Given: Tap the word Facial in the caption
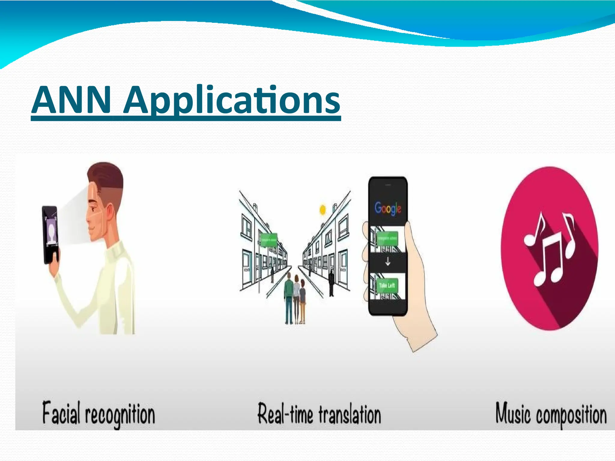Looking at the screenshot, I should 61,414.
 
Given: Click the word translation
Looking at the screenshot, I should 350,414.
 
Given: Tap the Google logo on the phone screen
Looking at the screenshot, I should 388,208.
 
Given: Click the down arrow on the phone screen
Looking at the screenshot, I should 388,262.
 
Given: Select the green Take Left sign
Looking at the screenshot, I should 387,285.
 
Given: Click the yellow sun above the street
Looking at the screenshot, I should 323,209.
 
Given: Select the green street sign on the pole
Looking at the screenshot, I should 268,240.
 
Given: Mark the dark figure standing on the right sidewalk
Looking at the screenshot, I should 331,282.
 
